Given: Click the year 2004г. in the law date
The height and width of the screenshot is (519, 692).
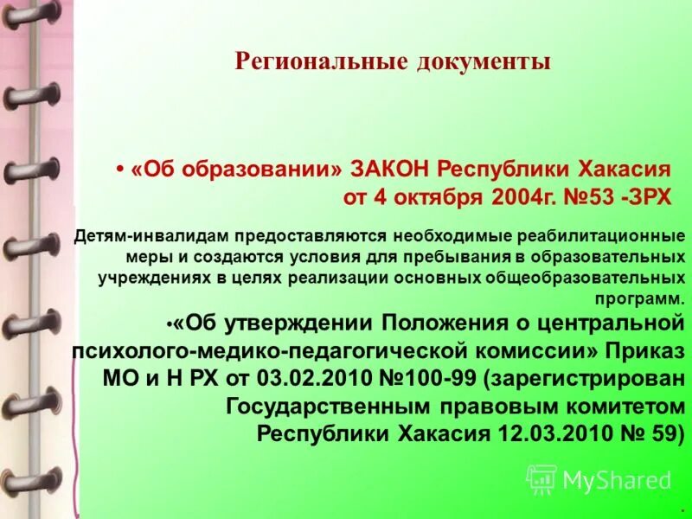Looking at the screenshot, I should point(522,196).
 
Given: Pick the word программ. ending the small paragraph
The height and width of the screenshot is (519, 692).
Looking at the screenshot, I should point(640,298).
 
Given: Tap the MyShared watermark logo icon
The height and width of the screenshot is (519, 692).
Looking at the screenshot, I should point(542,479).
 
